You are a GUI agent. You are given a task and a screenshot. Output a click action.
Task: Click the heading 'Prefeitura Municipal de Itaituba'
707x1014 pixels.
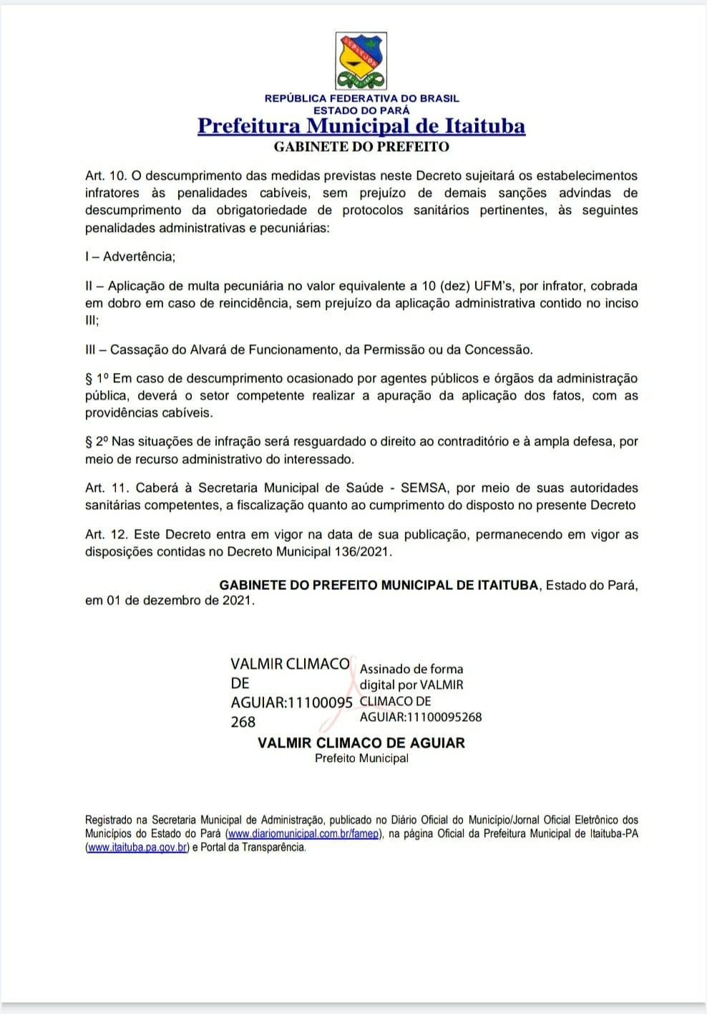point(361,126)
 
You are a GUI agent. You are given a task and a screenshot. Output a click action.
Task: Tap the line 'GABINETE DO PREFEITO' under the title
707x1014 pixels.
point(361,147)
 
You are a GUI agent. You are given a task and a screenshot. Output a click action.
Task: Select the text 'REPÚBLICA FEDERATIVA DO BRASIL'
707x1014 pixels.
point(361,98)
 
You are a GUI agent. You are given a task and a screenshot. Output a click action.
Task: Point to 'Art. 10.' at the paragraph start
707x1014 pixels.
point(105,175)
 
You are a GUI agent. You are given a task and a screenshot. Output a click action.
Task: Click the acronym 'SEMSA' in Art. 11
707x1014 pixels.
point(424,488)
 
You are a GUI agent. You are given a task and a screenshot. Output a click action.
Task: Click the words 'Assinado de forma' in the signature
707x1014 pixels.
point(411,669)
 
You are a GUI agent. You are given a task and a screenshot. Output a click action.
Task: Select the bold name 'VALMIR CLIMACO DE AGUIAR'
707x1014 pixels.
point(361,743)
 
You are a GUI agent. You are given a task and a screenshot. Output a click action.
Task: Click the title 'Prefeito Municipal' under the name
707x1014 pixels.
point(361,758)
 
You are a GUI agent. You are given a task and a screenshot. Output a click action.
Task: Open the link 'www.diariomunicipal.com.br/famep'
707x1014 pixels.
point(303,834)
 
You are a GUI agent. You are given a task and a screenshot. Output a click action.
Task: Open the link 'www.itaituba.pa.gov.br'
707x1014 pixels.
point(137,847)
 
